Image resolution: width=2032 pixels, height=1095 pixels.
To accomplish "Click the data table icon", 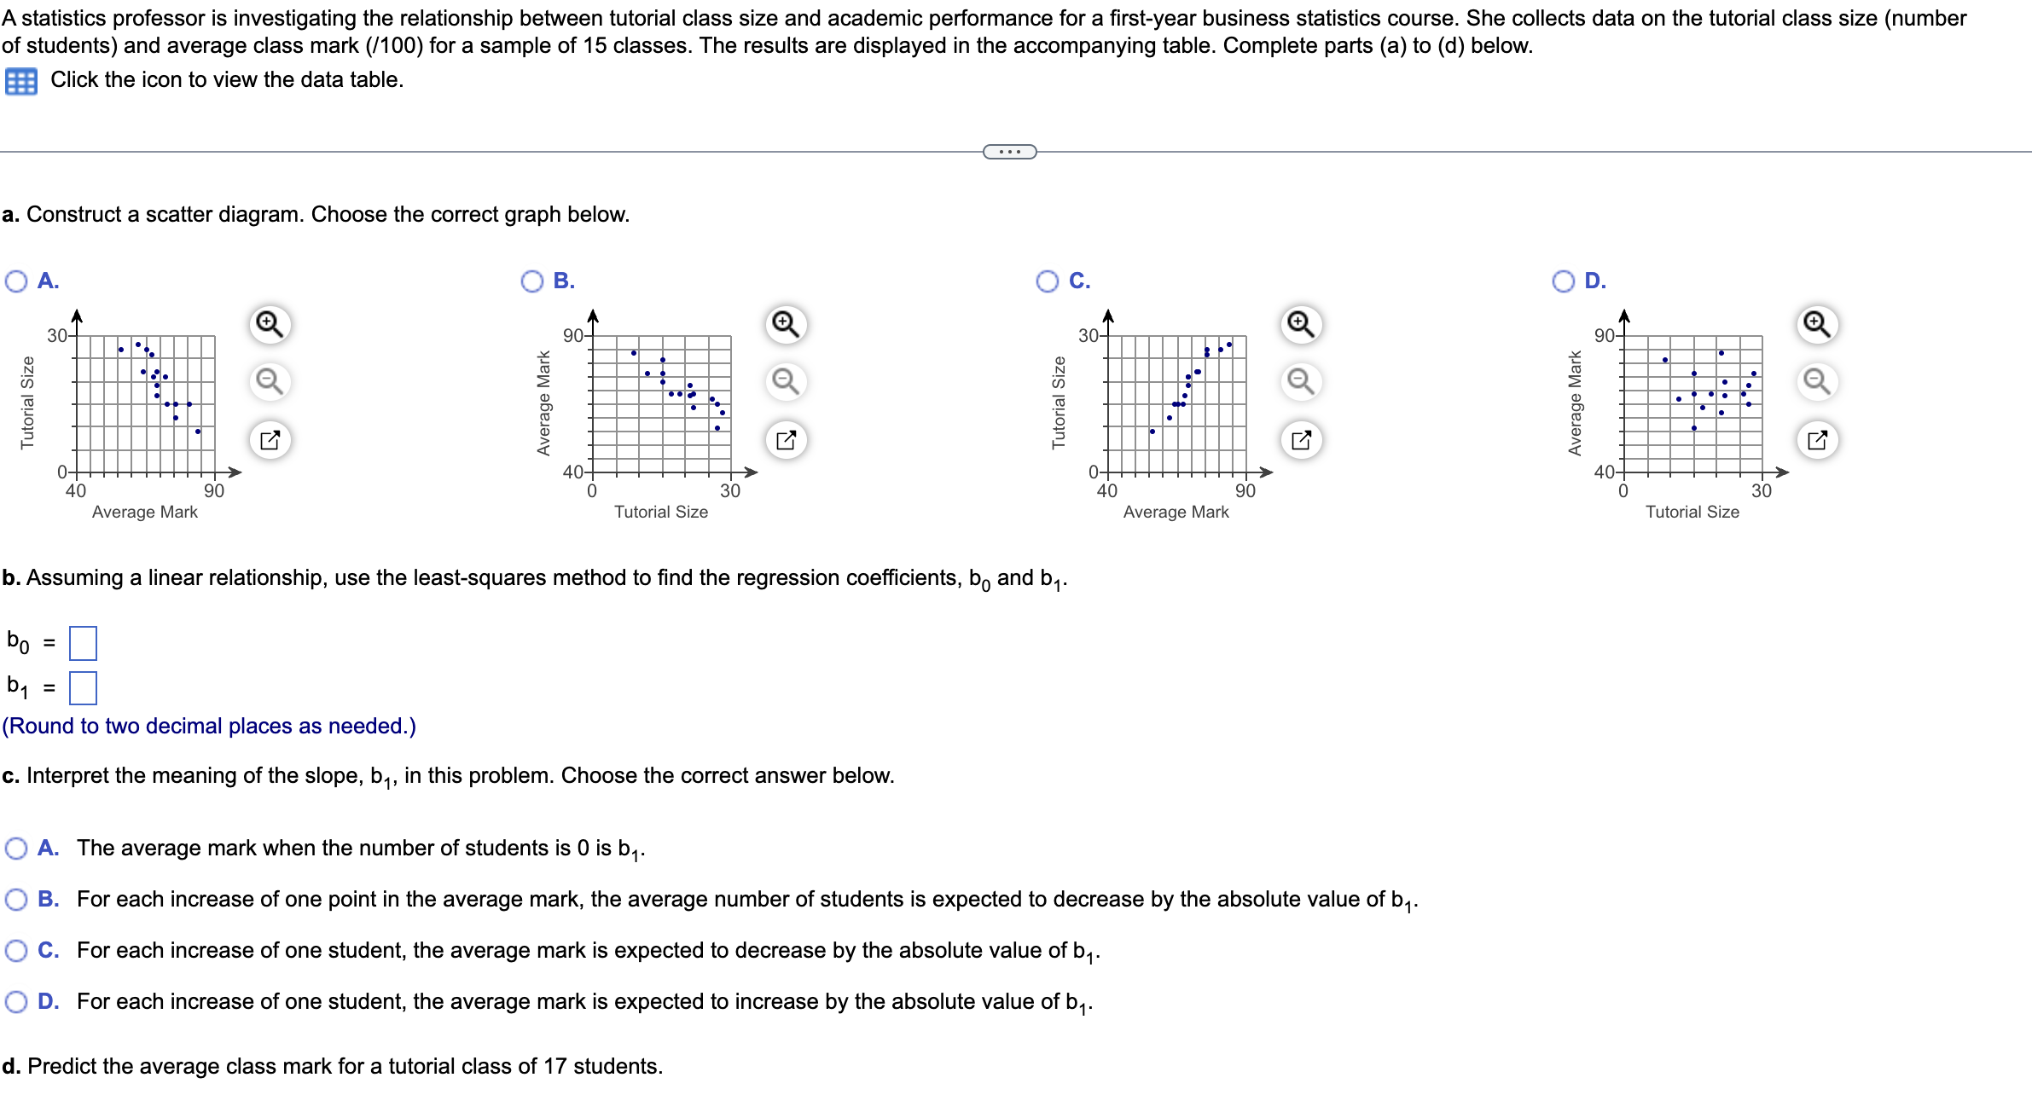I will tap(20, 81).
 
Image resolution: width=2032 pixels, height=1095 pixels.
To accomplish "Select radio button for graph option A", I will tap(16, 281).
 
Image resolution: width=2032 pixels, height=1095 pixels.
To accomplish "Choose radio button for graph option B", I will tap(532, 281).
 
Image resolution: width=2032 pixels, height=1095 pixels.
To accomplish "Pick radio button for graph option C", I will tap(1048, 281).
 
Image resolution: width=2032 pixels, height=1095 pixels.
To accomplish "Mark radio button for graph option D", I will tap(1564, 281).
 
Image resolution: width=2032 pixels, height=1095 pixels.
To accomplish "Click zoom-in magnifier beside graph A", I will tap(270, 324).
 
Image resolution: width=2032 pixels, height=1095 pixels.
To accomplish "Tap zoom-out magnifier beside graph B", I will tap(786, 381).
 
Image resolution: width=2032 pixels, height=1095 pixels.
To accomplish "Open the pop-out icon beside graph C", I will tap(1301, 440).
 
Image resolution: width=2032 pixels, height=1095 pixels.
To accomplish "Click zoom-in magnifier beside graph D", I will tap(1817, 324).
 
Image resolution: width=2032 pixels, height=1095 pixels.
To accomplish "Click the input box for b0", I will tap(83, 643).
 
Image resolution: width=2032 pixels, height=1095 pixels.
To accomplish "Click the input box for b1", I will tap(83, 687).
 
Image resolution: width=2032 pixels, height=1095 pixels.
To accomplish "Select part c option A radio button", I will tap(16, 848).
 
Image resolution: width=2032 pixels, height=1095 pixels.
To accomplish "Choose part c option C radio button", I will tap(16, 950).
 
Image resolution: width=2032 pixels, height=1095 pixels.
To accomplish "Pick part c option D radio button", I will tap(16, 1001).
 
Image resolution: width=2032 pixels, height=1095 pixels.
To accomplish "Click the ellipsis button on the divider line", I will tap(1010, 152).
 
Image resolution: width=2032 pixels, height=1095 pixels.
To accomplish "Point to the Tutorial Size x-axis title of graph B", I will tap(661, 512).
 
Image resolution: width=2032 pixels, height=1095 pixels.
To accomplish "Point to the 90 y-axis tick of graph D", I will tap(1603, 336).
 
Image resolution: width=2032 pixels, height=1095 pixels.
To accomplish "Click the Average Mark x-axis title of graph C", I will tap(1176, 512).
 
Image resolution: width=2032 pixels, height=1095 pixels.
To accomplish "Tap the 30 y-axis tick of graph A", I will tap(56, 336).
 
